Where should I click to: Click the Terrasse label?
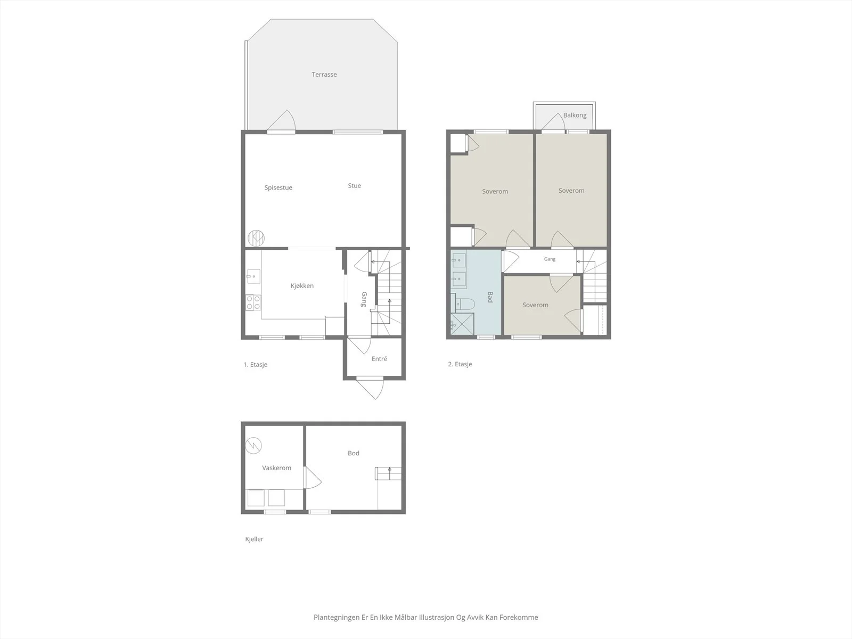(324, 75)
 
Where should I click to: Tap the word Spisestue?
(278, 188)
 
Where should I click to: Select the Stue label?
(355, 186)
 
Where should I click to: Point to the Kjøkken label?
(302, 286)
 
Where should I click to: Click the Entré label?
(379, 359)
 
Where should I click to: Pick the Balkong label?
(575, 115)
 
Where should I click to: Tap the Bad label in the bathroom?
(490, 297)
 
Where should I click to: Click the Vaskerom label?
(276, 468)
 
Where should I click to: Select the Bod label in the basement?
(354, 453)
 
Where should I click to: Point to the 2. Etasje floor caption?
(460, 364)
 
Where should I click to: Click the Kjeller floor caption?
(254, 539)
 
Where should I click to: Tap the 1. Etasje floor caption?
(256, 365)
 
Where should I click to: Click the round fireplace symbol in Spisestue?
(256, 238)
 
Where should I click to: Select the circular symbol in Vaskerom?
(253, 445)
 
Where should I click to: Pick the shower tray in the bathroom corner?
(462, 324)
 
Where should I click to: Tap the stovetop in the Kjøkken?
(253, 302)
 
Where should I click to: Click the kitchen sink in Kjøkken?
(253, 276)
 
